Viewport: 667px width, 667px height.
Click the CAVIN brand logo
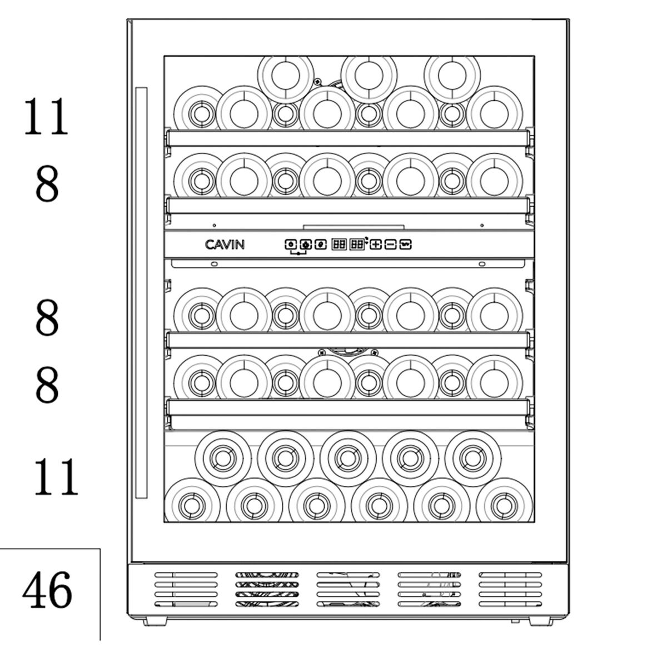pos(225,244)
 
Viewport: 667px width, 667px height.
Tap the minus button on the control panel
pos(391,244)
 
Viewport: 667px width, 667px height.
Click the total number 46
pos(47,590)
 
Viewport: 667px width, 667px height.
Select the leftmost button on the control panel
pos(290,244)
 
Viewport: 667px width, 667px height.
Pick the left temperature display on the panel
pos(339,244)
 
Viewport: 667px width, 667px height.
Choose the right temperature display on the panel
pos(356,244)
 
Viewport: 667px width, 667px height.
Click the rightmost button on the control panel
pos(406,244)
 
